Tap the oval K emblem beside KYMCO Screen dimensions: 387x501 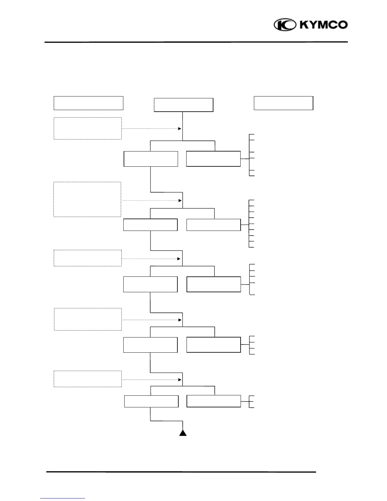coord(285,25)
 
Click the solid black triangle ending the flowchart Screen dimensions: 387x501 coord(183,433)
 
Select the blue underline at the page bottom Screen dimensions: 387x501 coord(63,498)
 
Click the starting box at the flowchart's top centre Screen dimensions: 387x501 coord(183,105)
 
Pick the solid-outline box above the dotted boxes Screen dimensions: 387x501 coord(88,103)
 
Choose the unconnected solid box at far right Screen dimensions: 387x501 coord(283,103)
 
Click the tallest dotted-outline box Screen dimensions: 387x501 coord(87,199)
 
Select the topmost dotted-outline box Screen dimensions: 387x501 coord(88,128)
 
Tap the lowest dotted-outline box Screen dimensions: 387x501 coord(88,379)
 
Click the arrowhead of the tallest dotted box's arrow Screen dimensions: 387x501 coord(180,201)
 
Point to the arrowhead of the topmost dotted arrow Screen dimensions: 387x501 coord(180,129)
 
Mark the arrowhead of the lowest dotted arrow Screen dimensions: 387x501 coord(180,380)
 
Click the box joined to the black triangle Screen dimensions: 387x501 coord(151,401)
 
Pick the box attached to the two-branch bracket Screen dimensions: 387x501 coord(213,401)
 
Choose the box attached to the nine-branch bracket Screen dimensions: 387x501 coord(213,225)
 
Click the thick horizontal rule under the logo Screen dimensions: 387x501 coord(196,42)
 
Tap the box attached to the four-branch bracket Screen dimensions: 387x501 coord(213,345)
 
